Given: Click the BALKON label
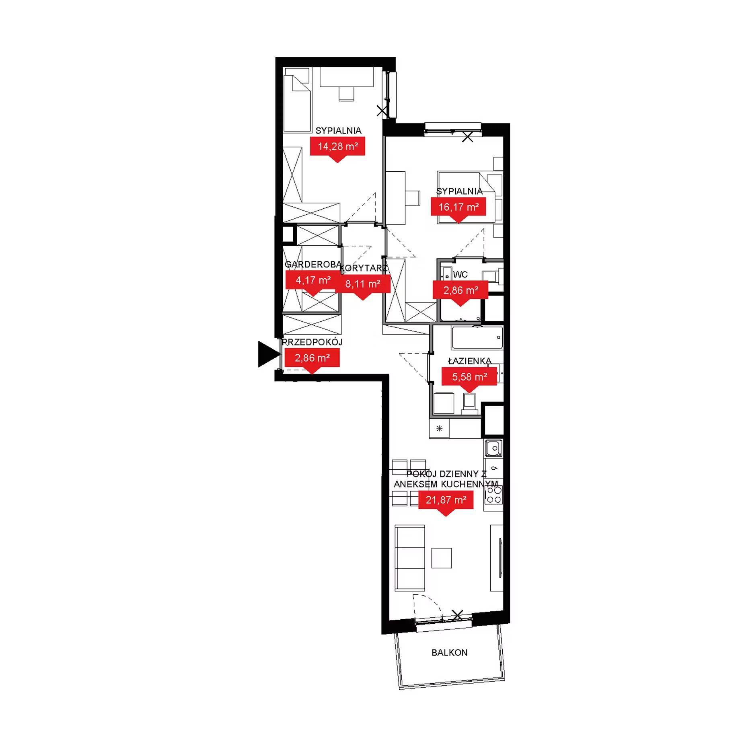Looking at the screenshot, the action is click(450, 652).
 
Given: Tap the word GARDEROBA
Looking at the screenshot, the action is click(313, 264).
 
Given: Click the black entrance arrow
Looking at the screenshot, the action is click(268, 354).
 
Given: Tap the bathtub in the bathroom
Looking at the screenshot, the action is click(477, 338).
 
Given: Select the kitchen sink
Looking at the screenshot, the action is click(493, 448).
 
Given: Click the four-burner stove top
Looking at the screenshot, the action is click(493, 495).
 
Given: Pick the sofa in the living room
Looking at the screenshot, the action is click(410, 558).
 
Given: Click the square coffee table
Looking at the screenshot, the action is click(442, 558).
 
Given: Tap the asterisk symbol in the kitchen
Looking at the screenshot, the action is click(439, 428).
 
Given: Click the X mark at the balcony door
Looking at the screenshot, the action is click(457, 615).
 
